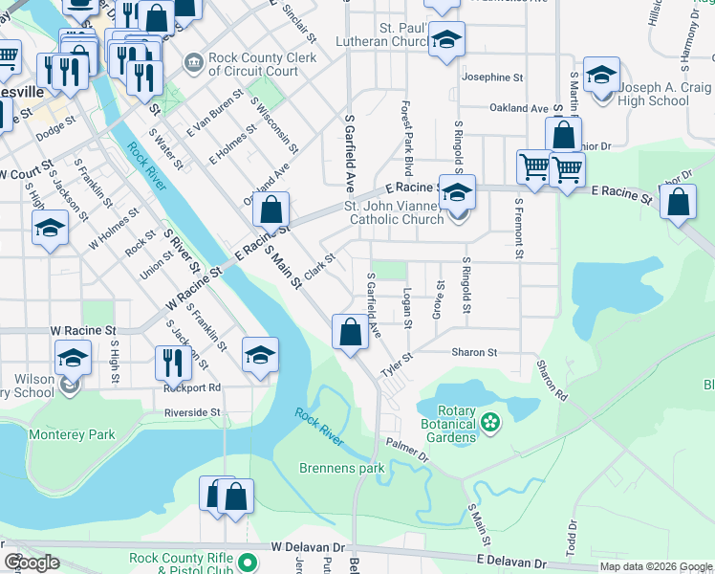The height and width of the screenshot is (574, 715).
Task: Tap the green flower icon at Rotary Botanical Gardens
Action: coord(490,421)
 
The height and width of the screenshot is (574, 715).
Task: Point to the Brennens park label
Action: coord(341,468)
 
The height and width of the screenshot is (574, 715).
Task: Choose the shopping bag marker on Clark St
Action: coord(272,210)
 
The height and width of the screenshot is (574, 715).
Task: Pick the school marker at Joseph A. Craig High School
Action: coord(602,75)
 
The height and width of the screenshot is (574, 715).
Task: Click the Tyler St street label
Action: coord(396,364)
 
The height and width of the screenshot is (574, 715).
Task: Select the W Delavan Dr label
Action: coord(307,546)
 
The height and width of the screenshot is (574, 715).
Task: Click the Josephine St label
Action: coord(492,76)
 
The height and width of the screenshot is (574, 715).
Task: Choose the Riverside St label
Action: coord(193,412)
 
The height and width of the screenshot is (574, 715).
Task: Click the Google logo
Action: coord(32,563)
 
